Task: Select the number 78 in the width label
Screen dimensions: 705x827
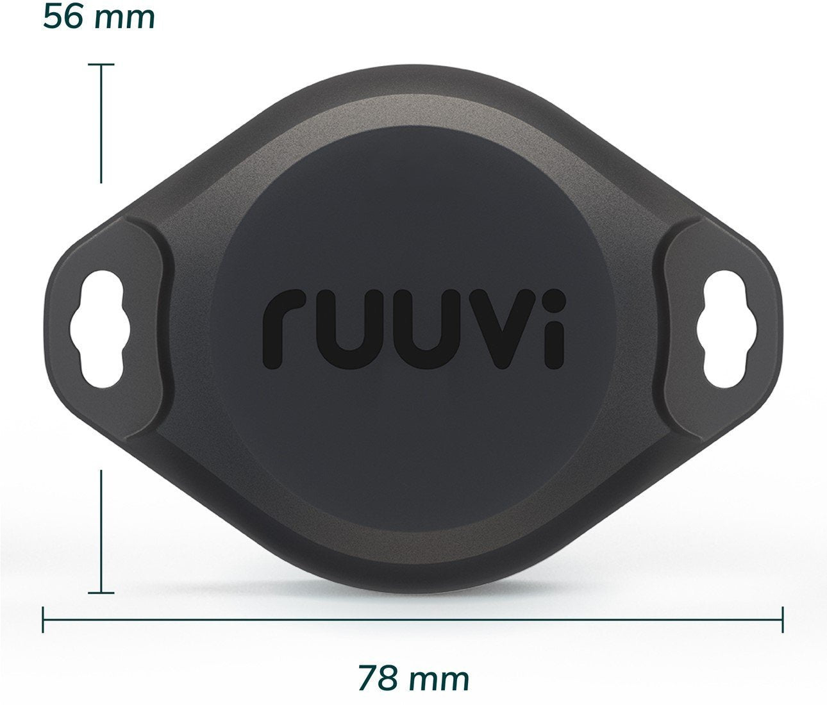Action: tap(379, 677)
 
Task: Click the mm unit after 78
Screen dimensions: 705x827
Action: tap(439, 678)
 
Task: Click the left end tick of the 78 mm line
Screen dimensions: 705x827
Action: tap(43, 619)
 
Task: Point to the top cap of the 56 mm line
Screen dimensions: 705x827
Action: tap(101, 65)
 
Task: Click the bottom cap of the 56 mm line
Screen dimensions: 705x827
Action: tap(101, 593)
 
